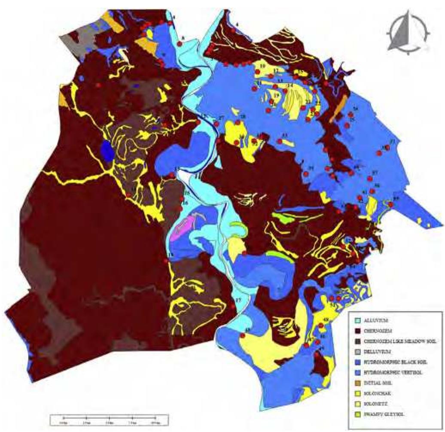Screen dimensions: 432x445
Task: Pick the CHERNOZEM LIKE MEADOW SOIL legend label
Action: [x=388, y=341]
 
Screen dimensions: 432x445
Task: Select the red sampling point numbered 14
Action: [x=285, y=91]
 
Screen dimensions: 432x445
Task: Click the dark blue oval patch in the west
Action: [x=107, y=151]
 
